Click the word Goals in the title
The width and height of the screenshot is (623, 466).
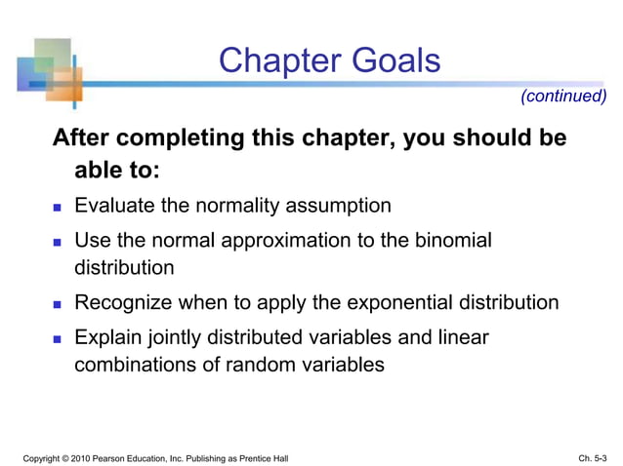393,61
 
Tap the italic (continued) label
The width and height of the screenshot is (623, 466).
563,96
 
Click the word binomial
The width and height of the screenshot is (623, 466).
450,240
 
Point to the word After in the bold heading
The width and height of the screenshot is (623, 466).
82,138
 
